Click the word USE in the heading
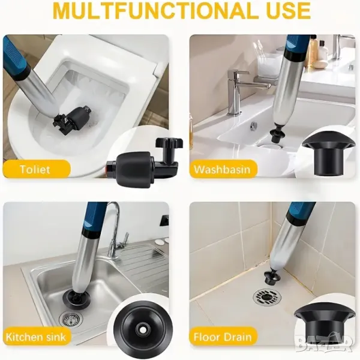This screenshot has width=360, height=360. point(286,11)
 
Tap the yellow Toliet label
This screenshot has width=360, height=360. point(35,169)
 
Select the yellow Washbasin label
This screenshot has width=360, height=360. point(222,169)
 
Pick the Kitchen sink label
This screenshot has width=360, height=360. point(36,337)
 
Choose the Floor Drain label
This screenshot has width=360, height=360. point(223,337)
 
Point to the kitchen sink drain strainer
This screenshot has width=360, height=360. point(70,318)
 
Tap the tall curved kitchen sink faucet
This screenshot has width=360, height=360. point(115,230)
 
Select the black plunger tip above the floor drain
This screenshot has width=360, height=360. point(272,276)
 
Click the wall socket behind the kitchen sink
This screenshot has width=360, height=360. point(165,220)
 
